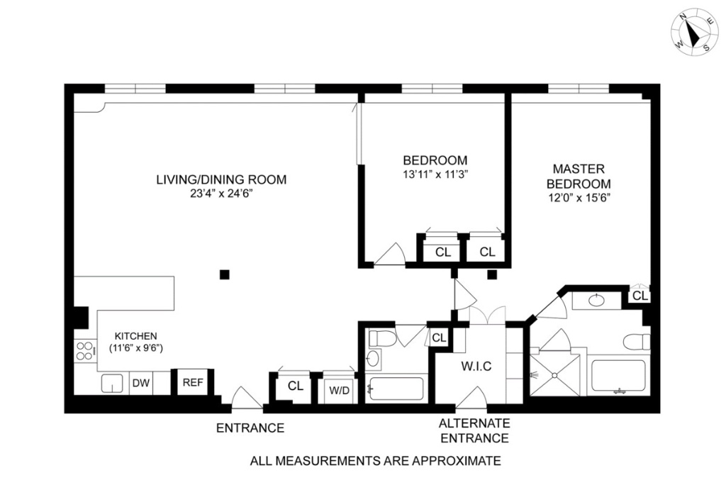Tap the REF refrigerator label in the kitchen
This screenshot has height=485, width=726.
[193, 383]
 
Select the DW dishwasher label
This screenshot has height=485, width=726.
[141, 383]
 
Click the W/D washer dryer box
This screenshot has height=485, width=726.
[339, 388]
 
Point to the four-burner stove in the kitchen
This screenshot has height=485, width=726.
[85, 351]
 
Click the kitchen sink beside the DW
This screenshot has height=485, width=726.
[111, 383]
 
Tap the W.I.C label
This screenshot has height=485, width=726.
[476, 367]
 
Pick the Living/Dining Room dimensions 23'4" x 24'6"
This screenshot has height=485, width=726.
[221, 194]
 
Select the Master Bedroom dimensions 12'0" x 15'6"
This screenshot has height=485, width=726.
[579, 198]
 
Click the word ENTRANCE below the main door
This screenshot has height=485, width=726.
[250, 428]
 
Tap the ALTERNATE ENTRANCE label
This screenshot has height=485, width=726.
[474, 430]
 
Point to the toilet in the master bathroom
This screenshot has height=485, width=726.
[637, 341]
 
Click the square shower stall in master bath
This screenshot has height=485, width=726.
[554, 375]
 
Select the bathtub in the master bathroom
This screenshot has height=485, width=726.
[618, 376]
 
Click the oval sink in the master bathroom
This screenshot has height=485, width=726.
[596, 301]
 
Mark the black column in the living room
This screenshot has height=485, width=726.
[225, 274]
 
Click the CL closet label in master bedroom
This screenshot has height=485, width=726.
[640, 296]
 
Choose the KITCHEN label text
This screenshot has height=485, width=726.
[136, 336]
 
